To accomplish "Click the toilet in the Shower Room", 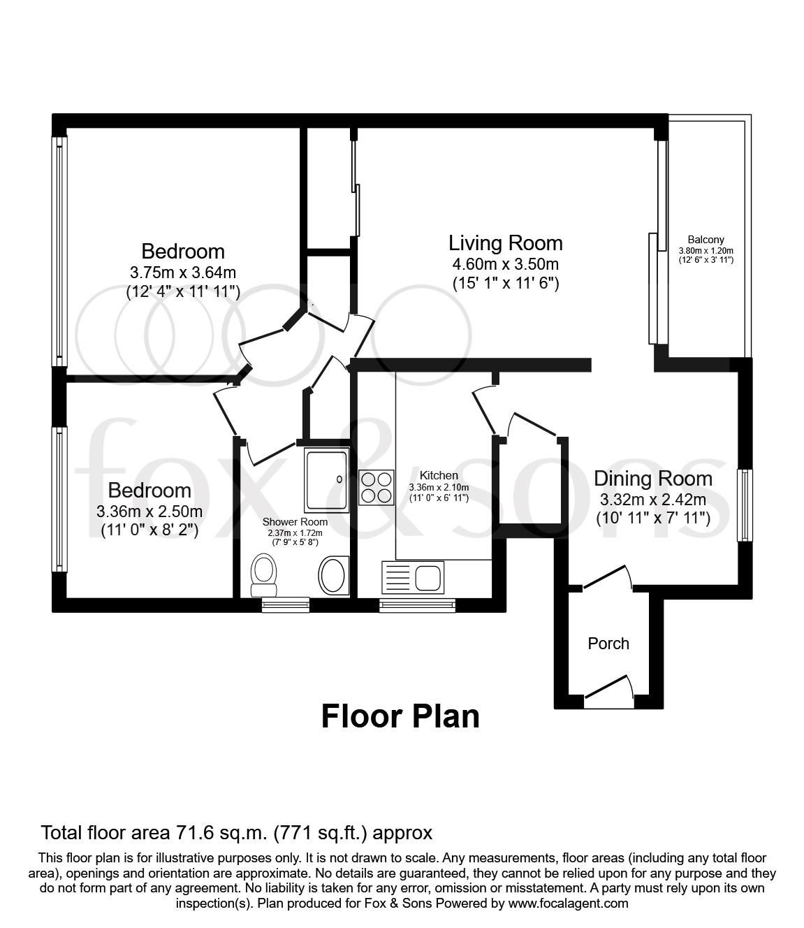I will (263, 571).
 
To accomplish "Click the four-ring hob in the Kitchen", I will (376, 487).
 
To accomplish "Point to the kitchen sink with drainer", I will (411, 578).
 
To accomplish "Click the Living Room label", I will (505, 243).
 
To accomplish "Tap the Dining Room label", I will (652, 479).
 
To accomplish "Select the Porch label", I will (608, 644).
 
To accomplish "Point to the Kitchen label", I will (439, 475).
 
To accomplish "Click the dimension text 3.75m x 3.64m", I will (183, 272).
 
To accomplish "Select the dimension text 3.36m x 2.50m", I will (149, 511).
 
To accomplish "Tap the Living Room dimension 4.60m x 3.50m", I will (505, 264).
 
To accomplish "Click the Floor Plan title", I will (400, 717).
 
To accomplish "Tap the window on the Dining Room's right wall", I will (745, 505).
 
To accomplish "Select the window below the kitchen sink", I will (417, 605).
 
